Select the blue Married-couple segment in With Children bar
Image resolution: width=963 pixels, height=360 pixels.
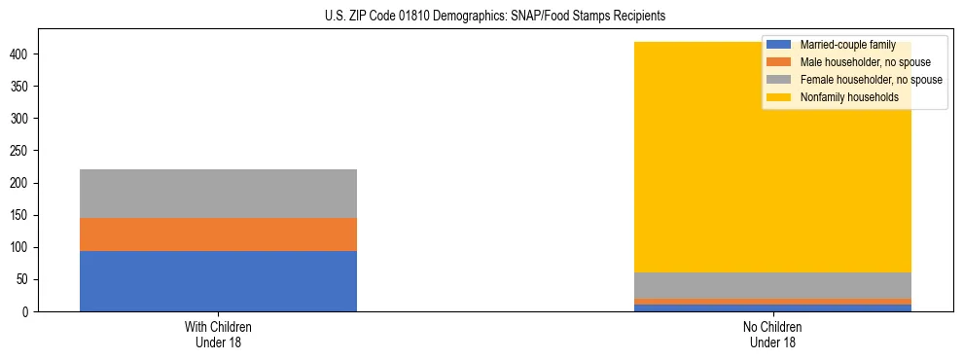218,281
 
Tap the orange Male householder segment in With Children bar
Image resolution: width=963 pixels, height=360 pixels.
218,234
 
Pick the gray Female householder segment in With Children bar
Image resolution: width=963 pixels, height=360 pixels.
218,194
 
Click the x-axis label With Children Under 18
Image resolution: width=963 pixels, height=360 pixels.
218,334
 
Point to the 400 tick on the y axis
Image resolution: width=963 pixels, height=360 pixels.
22,54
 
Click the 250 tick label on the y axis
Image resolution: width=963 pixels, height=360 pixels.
22,151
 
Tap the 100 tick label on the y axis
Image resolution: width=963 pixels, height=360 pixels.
22,247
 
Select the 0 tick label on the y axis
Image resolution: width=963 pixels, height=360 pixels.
29,311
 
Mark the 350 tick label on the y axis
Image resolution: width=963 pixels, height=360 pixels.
22,87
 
